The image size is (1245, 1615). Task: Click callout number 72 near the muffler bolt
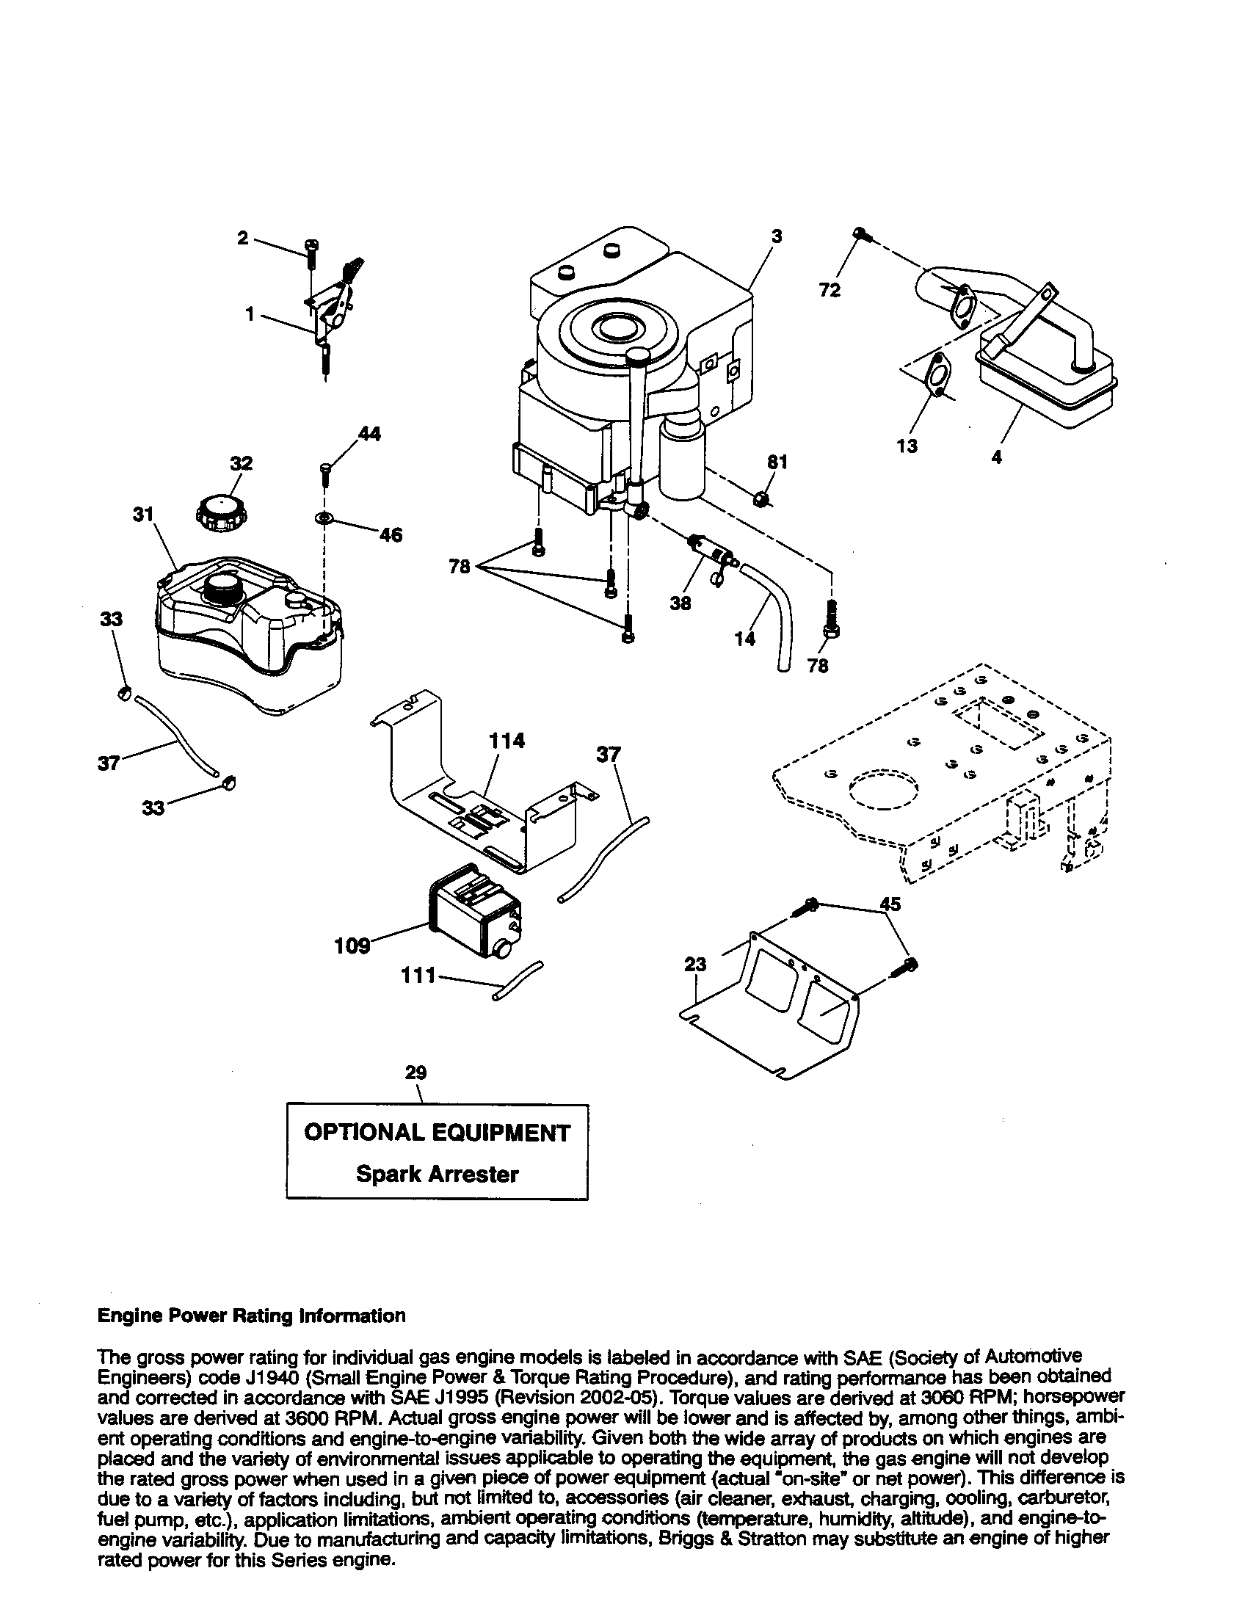[x=830, y=291]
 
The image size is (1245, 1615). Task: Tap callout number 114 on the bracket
[x=507, y=740]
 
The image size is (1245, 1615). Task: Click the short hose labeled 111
[x=517, y=980]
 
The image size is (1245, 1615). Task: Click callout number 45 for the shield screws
[x=890, y=904]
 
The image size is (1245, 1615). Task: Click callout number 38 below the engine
[x=680, y=603]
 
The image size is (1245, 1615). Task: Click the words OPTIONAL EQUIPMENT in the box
[x=437, y=1133]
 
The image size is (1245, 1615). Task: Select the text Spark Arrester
[x=437, y=1175]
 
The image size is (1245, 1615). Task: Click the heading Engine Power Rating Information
[x=251, y=1315]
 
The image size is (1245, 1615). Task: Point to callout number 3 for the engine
[x=776, y=236]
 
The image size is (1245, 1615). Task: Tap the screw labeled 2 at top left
[x=311, y=249]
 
